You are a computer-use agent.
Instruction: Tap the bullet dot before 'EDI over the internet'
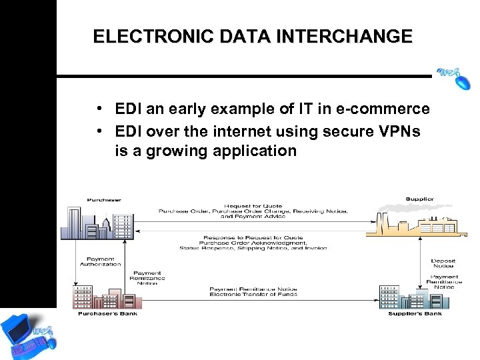(98, 131)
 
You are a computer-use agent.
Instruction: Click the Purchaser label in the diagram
(104, 199)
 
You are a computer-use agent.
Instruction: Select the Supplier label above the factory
(419, 199)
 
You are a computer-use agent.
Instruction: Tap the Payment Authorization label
(101, 261)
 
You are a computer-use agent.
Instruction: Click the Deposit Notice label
(443, 263)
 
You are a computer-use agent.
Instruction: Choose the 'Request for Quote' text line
(253, 206)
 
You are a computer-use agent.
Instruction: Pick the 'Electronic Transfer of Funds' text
(253, 294)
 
